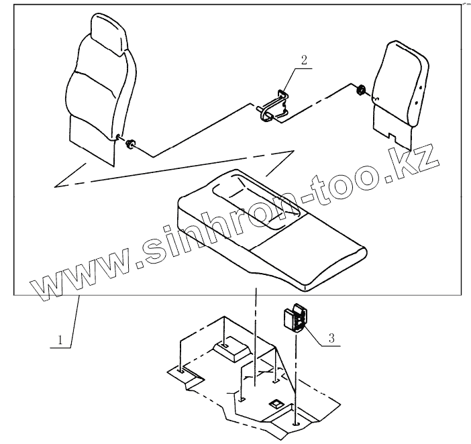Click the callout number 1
[61, 340]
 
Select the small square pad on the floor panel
[274, 404]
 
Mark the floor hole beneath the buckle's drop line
[296, 424]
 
